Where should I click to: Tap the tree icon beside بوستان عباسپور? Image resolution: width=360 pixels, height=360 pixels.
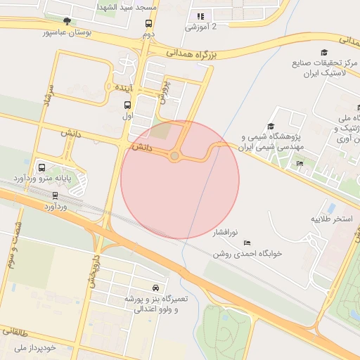click(67, 21)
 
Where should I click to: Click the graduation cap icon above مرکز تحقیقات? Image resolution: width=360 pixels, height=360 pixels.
click(324, 53)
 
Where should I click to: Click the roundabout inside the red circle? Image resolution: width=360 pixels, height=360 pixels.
click(174, 155)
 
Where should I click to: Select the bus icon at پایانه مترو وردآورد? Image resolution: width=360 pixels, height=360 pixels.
click(42, 168)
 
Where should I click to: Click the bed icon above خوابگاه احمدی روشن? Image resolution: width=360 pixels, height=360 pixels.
click(247, 243)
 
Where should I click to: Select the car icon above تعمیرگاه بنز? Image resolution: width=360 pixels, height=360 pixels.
click(155, 288)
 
